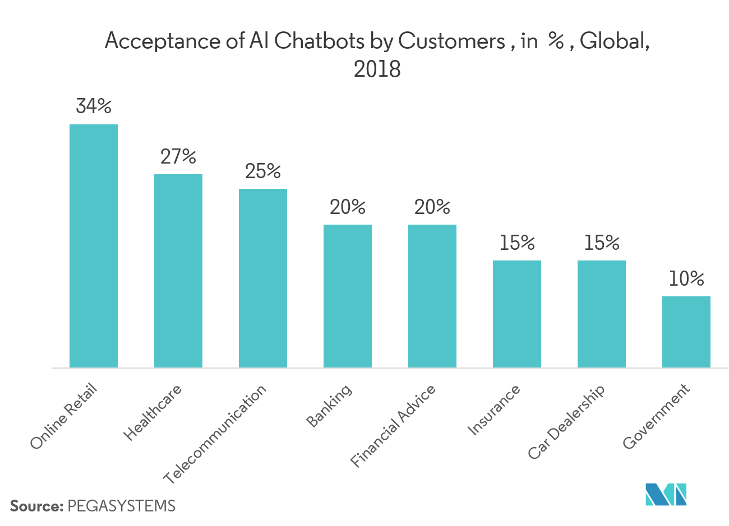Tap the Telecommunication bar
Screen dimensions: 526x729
[x=263, y=278]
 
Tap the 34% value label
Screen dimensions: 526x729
[x=94, y=106]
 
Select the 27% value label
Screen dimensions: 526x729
[x=178, y=156]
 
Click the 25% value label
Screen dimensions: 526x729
[x=263, y=171]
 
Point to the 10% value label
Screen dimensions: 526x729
[x=686, y=278]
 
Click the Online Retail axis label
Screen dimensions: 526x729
[x=64, y=417]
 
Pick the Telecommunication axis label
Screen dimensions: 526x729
[x=215, y=435]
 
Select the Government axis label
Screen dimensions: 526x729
[x=656, y=417]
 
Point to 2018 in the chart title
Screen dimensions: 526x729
[x=377, y=69]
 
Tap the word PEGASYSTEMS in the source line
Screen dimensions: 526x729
[x=121, y=506]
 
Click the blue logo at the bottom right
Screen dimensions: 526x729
[x=666, y=494]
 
